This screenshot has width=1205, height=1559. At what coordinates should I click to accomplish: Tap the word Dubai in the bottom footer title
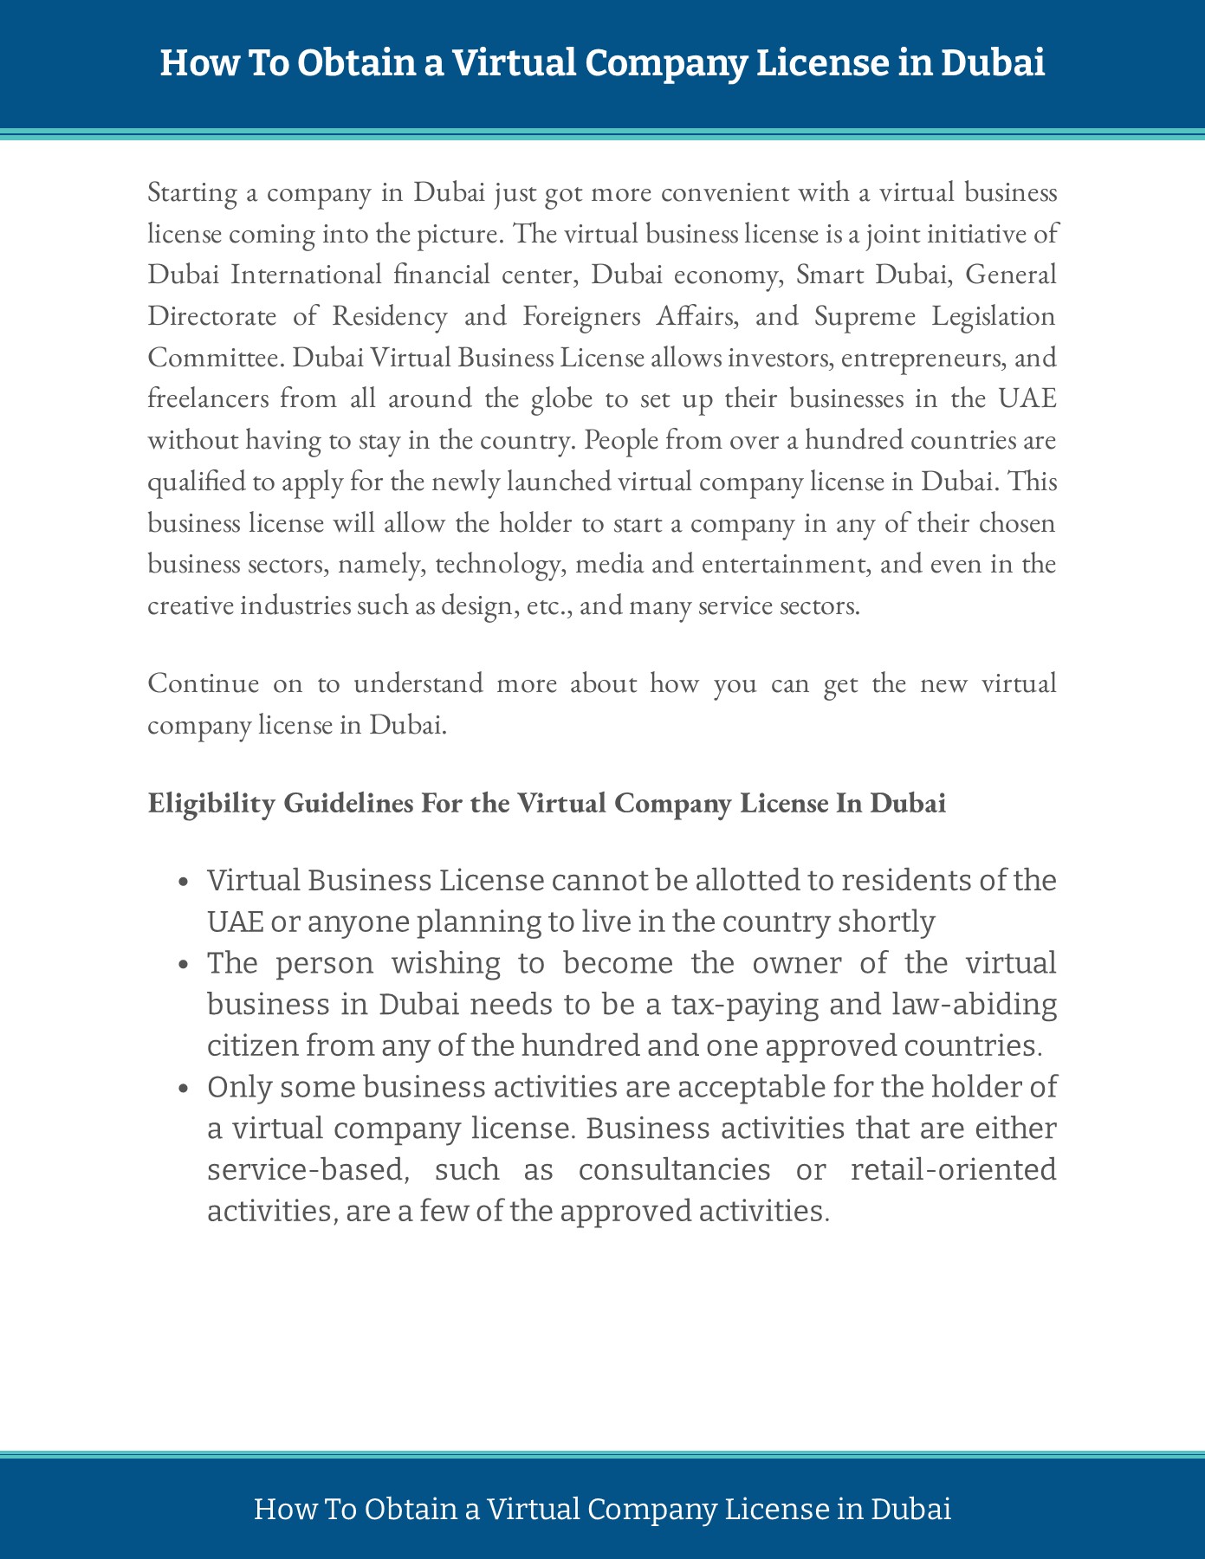coord(910,1509)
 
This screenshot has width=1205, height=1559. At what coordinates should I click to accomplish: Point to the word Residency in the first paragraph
coord(389,316)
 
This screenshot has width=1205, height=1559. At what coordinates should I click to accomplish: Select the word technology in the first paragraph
coord(496,565)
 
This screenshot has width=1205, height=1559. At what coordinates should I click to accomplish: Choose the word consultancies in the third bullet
coord(674,1170)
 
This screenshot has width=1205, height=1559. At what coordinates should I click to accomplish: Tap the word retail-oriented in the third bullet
coord(954,1170)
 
